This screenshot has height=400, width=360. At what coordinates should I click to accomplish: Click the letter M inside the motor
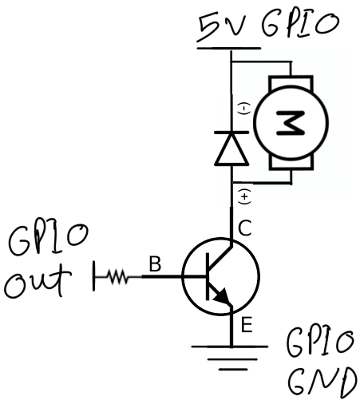click(291, 123)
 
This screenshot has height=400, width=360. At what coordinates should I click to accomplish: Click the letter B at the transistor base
click(155, 263)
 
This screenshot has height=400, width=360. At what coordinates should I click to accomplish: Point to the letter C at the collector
click(245, 228)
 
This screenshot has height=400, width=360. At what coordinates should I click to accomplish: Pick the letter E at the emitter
click(247, 325)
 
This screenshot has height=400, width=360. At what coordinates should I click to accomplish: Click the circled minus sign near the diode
click(244, 109)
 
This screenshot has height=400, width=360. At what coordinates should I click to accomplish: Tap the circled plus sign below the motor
click(244, 197)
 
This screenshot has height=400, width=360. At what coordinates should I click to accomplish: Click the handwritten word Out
click(38, 281)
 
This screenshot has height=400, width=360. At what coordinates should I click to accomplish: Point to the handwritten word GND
click(322, 382)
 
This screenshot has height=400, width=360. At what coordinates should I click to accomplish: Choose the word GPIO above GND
click(320, 343)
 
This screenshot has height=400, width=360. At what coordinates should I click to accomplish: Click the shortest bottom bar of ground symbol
click(233, 370)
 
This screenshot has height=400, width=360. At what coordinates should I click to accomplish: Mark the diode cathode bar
click(231, 132)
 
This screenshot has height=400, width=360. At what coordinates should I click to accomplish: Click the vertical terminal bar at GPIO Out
click(94, 275)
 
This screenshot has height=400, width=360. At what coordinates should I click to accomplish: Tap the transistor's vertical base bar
click(208, 277)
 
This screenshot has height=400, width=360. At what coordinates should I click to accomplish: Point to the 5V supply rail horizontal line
click(229, 49)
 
